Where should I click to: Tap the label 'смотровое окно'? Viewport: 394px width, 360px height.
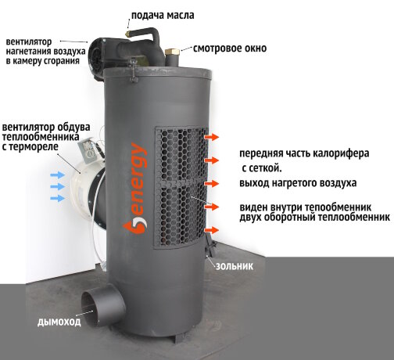point(229,49)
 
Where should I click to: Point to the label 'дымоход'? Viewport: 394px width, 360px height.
point(59,321)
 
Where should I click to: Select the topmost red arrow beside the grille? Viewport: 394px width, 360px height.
point(210,138)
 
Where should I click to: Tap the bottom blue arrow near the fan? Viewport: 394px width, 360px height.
point(57,199)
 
